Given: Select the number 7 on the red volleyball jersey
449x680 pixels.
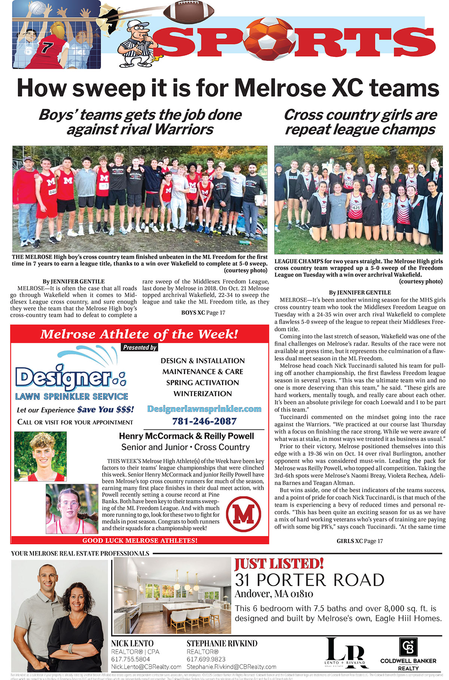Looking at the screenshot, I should pos(48,48).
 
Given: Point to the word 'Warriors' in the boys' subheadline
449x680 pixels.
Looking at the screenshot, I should pos(184,130).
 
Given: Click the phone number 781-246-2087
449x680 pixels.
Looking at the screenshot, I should pos(204,421).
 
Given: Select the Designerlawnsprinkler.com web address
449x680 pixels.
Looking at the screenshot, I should pos(204,409).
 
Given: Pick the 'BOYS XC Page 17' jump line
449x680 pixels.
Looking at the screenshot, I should pos(203,313).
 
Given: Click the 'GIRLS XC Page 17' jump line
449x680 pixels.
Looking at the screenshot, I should pos(360,541).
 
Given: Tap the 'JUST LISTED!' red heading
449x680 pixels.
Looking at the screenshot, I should pos(279,564).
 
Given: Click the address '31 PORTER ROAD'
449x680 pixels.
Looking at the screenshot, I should pos(309,580).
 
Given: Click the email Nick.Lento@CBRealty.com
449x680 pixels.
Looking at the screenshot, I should pos(146,667).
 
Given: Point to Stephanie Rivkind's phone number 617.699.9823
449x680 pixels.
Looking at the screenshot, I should pos(206,659).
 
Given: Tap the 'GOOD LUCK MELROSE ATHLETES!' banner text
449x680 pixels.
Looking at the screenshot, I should pos(140,540).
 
